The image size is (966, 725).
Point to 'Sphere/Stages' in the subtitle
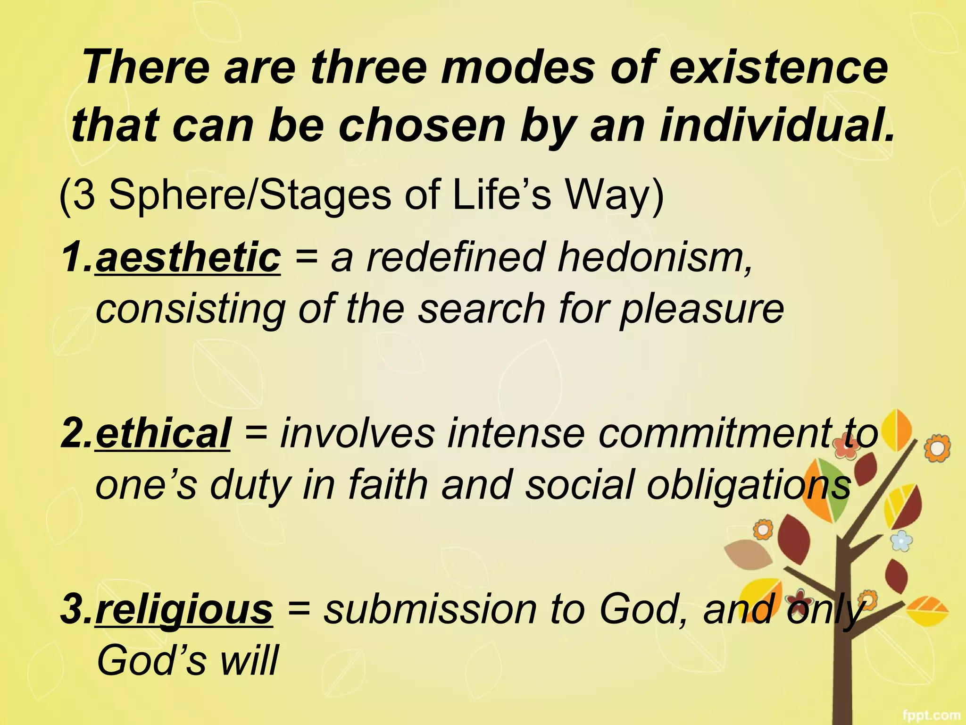point(250,194)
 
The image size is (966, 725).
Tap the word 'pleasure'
point(702,309)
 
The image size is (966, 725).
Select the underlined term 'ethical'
point(163,433)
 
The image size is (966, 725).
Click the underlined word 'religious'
point(184,609)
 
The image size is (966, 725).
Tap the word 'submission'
point(430,609)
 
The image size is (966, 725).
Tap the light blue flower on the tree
point(901,540)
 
